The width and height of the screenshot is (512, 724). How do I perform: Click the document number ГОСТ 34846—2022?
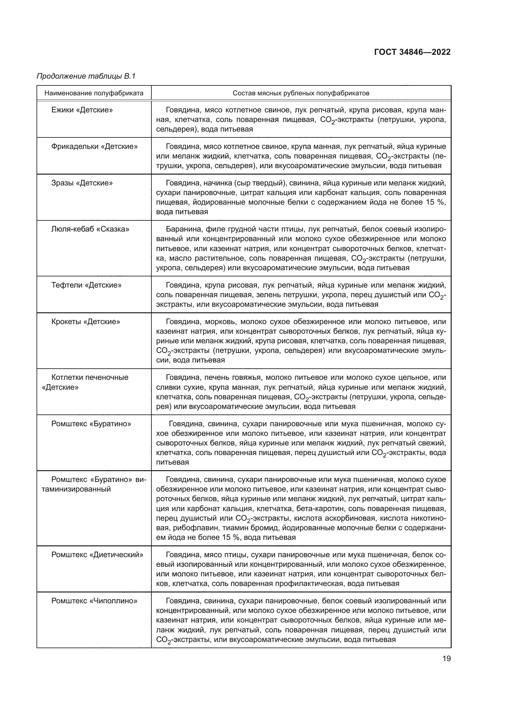[412, 52]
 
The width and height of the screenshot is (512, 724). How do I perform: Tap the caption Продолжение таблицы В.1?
[86, 76]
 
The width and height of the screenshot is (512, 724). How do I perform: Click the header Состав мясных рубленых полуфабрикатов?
[301, 93]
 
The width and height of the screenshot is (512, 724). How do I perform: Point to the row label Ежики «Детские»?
[82, 110]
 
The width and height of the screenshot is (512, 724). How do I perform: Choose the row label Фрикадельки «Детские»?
[94, 147]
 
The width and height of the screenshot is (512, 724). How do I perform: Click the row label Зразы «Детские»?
[82, 183]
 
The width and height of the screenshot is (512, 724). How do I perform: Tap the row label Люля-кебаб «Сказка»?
[90, 229]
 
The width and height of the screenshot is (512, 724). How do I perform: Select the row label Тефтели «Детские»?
[86, 285]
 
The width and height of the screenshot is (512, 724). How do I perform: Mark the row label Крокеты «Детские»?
[86, 322]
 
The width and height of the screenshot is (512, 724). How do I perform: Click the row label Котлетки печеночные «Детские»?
[90, 382]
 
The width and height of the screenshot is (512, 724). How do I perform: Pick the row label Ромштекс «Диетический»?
[97, 555]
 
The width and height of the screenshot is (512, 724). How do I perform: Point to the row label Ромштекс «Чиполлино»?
[94, 601]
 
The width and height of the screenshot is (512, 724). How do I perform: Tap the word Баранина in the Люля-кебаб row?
[181, 229]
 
